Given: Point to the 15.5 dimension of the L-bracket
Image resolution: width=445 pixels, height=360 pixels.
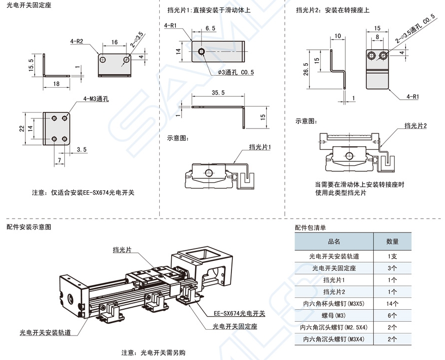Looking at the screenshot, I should click(31, 65).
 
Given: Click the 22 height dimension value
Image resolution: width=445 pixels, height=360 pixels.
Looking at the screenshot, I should click(21, 128).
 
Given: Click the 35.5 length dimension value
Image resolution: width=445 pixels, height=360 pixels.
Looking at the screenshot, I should click(218, 93).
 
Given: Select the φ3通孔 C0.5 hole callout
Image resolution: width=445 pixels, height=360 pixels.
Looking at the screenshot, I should click(235, 73).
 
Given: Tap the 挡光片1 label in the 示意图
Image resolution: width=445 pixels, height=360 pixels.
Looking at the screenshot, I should click(259, 147).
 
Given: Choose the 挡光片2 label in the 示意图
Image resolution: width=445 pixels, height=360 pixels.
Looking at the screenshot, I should click(416, 125).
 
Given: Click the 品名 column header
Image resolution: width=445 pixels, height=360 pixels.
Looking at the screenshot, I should click(334, 241).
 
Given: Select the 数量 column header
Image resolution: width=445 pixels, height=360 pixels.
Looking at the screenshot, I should click(392, 241).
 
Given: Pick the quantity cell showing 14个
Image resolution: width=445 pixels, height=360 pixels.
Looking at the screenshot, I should click(392, 303).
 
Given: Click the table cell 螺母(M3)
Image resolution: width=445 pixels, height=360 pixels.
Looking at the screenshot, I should click(334, 315).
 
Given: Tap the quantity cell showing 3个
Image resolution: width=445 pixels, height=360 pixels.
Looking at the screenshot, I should click(392, 268).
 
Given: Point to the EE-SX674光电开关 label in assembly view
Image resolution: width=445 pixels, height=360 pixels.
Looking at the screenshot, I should click(239, 314).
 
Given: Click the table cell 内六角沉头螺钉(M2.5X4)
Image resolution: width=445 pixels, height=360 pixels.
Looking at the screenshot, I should click(334, 328).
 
